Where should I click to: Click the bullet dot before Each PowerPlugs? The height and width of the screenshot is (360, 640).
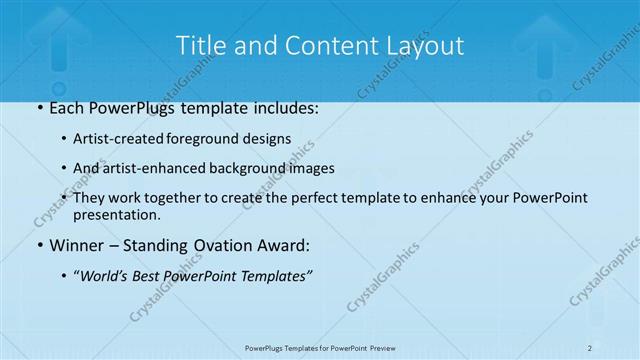click(x=39, y=108)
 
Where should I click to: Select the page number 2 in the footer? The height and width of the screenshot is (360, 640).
click(x=590, y=347)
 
